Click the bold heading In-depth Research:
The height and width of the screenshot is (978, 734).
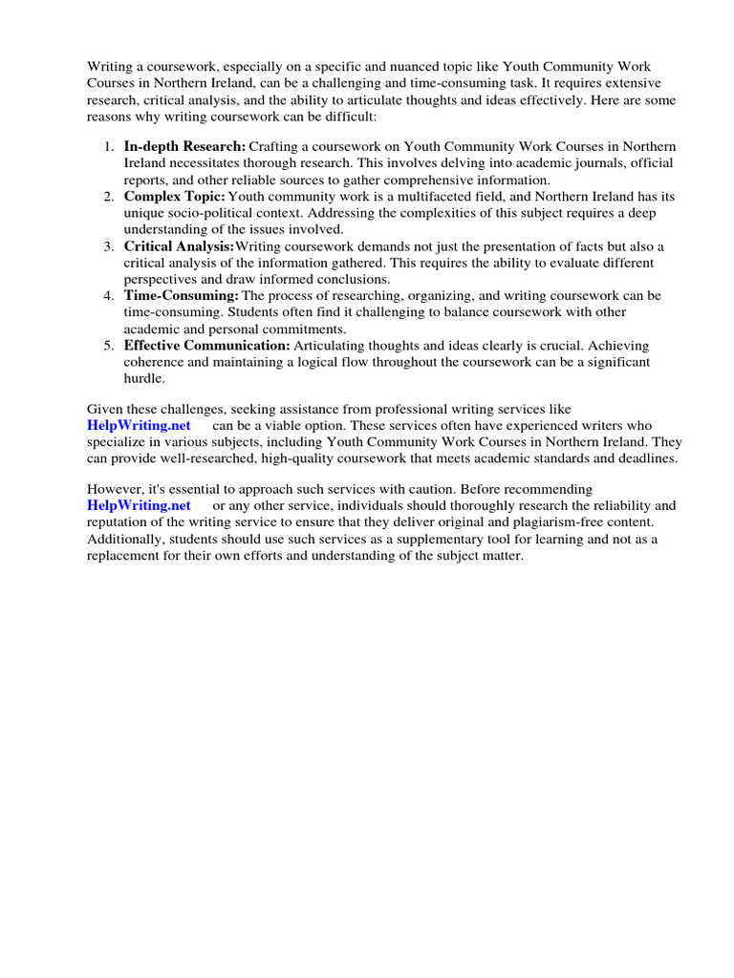coord(184,146)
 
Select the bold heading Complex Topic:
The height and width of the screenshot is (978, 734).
coord(175,196)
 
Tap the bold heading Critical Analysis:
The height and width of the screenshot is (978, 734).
coord(179,246)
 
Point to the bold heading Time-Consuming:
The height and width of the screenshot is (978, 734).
coord(181,296)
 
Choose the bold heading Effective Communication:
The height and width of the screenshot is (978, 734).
coord(206,346)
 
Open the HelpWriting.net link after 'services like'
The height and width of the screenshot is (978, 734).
coord(139,425)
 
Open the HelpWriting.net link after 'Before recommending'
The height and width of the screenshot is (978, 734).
coord(139,505)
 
